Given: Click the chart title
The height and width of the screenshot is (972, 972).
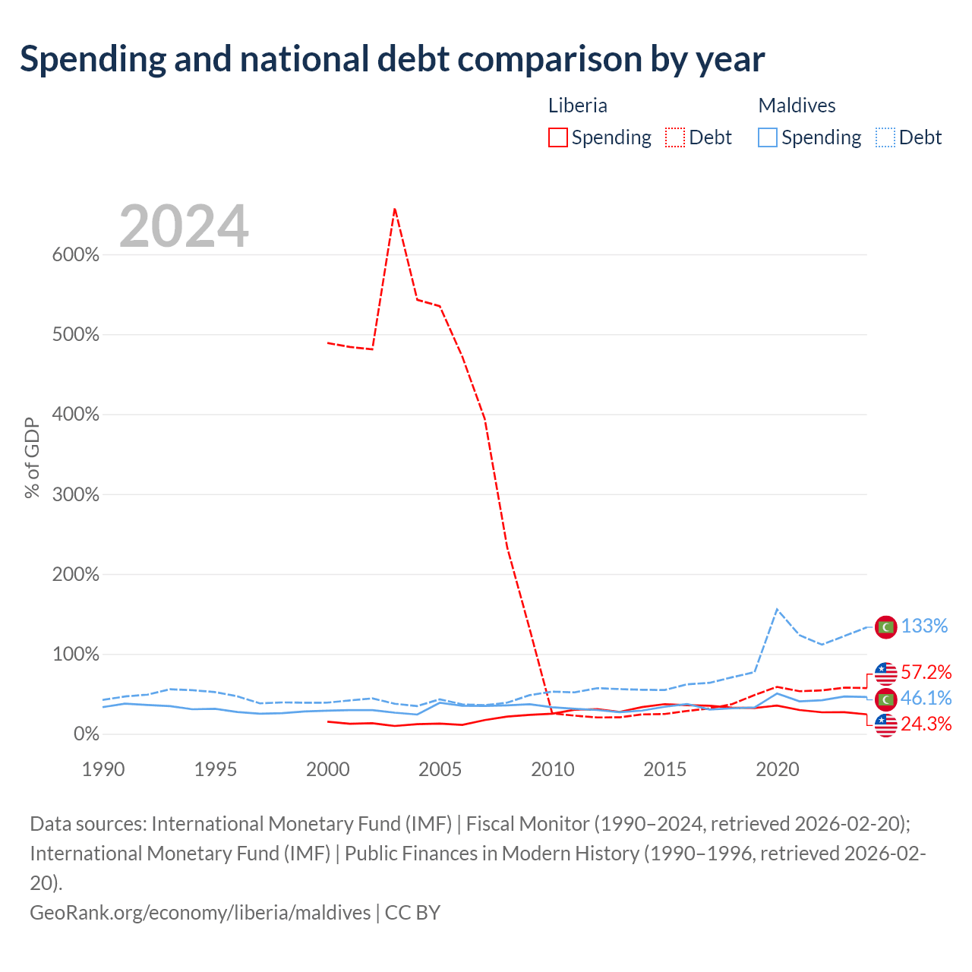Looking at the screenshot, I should (392, 59).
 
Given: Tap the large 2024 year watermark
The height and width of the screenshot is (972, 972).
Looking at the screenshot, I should (184, 226).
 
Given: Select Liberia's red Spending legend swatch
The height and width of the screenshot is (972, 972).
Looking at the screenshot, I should (558, 137).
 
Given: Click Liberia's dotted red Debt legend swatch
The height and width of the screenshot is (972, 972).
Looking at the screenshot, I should (674, 137).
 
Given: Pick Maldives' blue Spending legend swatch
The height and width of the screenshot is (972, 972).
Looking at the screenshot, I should (768, 137).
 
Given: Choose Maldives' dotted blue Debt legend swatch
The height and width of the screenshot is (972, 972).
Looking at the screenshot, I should (885, 137).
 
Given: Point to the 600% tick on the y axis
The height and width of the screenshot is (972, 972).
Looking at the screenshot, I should (76, 255).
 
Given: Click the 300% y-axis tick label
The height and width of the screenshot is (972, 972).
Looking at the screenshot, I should (76, 495).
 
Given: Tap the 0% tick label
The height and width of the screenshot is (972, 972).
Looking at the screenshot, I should (87, 734).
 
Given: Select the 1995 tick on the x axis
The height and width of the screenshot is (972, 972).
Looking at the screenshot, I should (216, 769).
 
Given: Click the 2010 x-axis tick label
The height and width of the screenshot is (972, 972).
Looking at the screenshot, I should (553, 769).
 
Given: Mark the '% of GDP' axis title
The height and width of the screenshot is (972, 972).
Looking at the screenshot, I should (32, 458).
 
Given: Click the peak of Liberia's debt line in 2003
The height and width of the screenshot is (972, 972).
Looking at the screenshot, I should (395, 209).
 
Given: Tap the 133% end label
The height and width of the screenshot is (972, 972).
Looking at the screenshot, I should (924, 626).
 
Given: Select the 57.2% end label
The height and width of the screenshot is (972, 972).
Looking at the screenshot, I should (926, 672).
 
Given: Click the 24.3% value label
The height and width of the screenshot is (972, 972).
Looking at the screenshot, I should (926, 724).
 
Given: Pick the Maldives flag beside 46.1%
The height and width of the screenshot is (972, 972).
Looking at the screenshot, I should (885, 699).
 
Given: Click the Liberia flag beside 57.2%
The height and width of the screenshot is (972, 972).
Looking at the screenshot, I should (885, 673).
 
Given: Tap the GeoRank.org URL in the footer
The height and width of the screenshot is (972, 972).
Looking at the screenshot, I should (200, 912).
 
